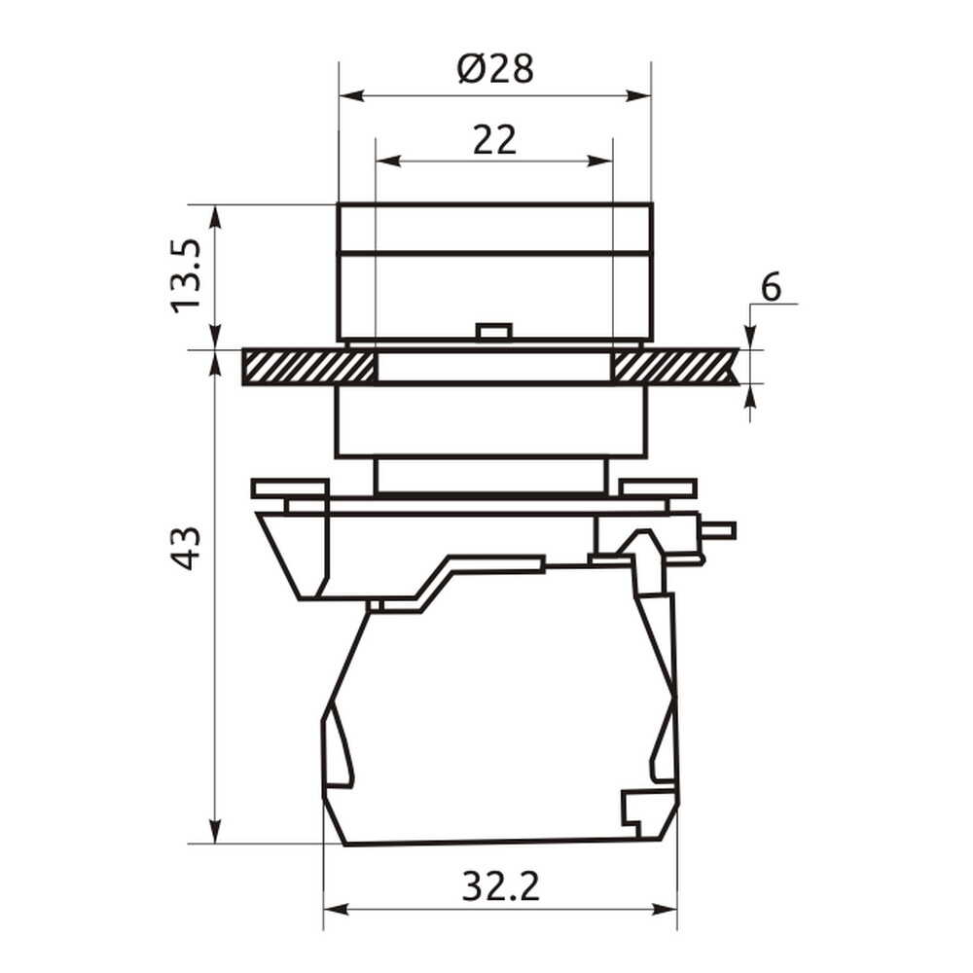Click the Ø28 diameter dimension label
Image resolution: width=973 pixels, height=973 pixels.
[495, 69]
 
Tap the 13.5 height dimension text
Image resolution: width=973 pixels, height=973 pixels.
[187, 275]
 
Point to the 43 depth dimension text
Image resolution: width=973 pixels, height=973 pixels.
[186, 548]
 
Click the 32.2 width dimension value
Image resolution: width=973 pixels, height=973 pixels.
[501, 886]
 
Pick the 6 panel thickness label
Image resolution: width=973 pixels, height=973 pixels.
[771, 287]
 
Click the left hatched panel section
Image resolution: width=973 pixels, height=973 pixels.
[308, 366]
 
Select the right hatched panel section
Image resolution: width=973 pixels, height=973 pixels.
[674, 366]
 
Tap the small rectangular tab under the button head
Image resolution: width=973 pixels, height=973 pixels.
[494, 332]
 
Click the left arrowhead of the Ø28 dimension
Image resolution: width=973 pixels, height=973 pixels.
[351, 95]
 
